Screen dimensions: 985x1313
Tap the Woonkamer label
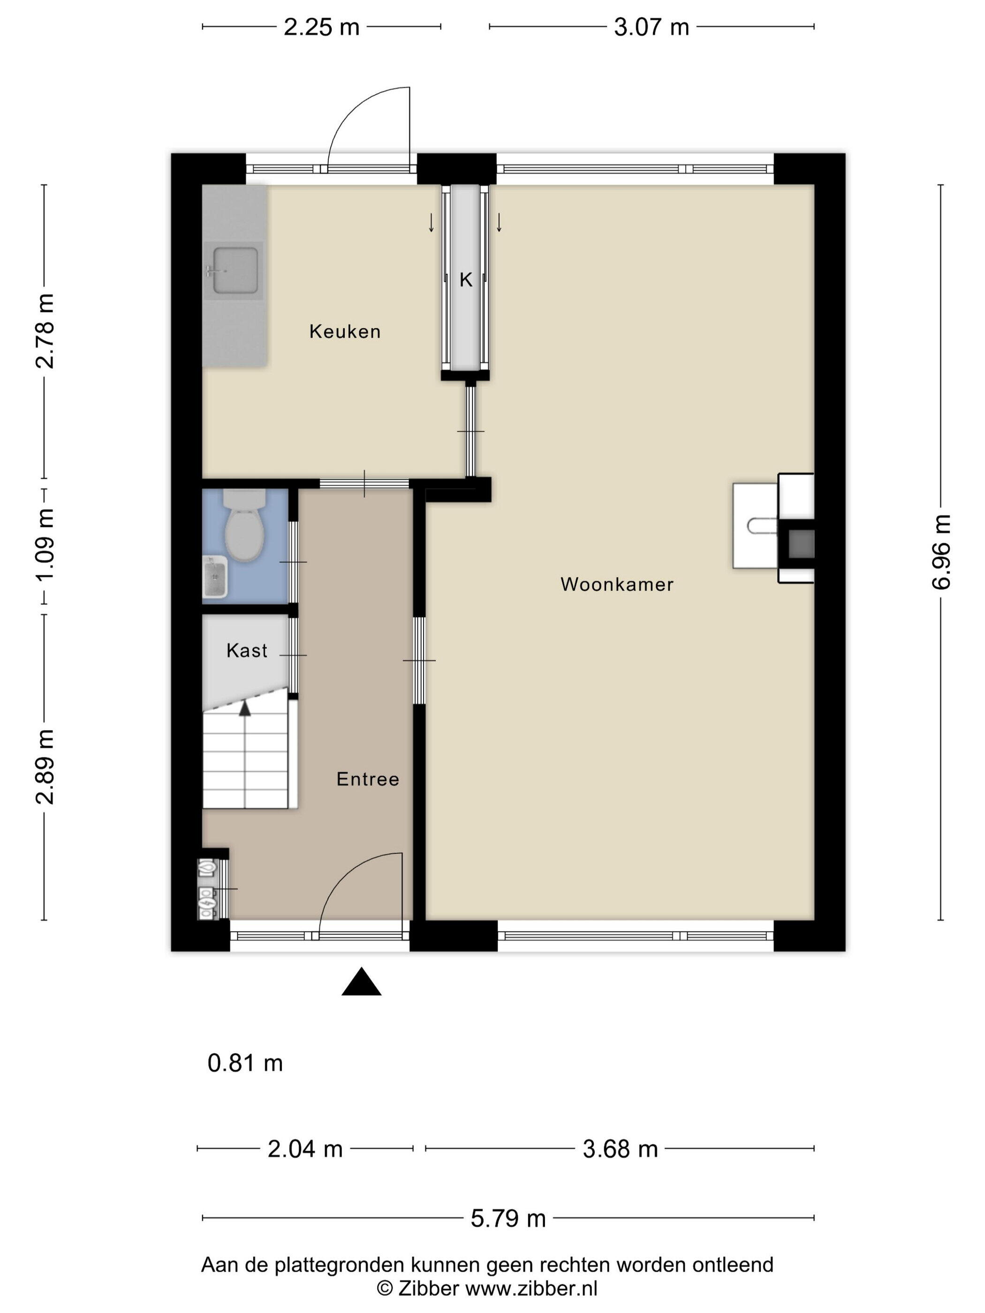click(x=617, y=584)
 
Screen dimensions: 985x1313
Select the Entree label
click(x=368, y=779)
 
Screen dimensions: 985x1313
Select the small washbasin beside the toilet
click(x=215, y=577)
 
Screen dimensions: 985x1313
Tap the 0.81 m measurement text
click(x=245, y=1063)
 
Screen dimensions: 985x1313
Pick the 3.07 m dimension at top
click(x=652, y=27)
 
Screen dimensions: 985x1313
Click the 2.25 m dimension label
click(x=321, y=27)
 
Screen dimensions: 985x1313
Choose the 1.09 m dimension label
click(x=45, y=545)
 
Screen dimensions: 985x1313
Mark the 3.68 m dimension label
click(x=620, y=1149)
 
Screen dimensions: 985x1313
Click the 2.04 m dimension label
click(x=305, y=1149)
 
